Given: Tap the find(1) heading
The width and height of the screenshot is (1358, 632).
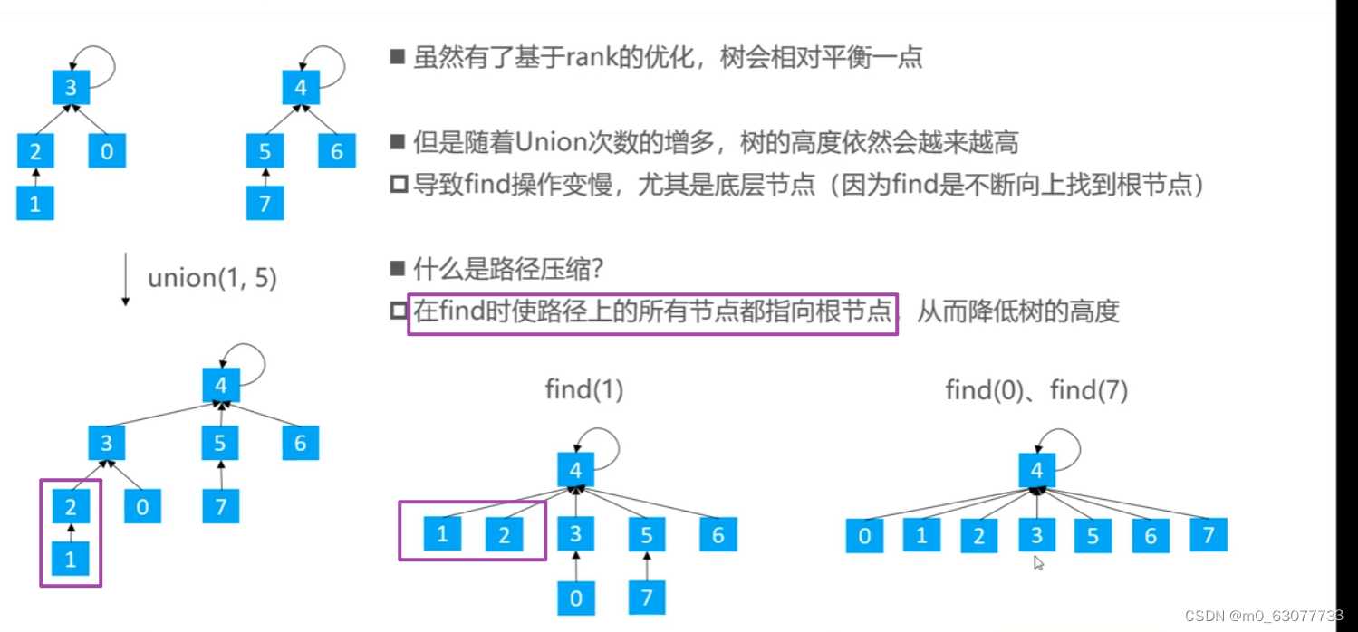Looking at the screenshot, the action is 584,390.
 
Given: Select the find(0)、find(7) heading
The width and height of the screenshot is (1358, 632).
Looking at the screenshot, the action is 1036,391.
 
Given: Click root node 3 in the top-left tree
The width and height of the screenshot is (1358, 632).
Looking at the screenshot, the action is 71,89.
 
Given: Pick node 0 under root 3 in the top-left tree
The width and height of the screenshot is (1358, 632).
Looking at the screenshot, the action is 107,150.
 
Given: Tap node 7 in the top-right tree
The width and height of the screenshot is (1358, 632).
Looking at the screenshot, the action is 265,203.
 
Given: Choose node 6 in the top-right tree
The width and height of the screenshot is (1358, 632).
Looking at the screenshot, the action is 337,150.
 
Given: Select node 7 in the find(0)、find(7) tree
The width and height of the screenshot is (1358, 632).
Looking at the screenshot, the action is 1209,535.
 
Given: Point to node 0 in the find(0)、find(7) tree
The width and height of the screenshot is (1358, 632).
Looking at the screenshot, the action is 864,535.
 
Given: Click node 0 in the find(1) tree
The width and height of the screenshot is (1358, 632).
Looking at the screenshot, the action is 576,598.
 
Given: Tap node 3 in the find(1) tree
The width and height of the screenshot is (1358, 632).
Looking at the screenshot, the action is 576,534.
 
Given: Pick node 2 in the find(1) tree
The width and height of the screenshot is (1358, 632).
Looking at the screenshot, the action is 504,534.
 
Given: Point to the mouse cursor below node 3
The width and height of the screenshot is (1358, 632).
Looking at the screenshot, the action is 1038,563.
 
